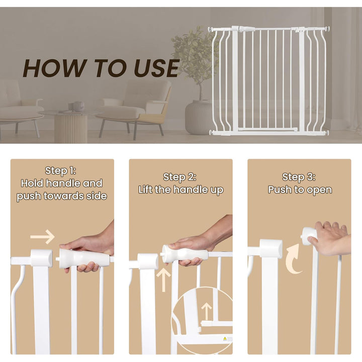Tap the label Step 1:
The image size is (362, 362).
tap(61, 170)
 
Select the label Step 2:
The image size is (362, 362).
tap(180, 177)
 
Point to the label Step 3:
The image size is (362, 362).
tap(299, 177)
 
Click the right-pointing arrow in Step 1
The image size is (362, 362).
tap(42, 236)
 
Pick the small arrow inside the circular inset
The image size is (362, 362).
tap(206, 309)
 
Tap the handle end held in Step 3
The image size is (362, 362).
tap(308, 235)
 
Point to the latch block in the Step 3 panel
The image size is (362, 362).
tap(270, 249)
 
